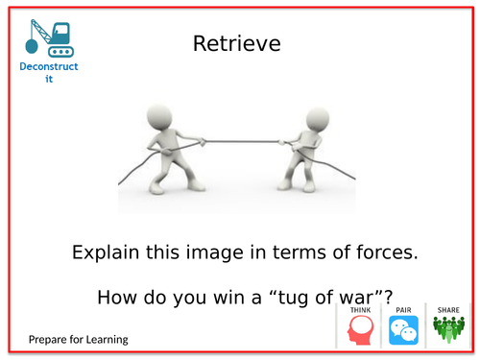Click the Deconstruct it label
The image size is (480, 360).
click(x=49, y=72)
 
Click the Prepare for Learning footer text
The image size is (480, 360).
click(x=78, y=340)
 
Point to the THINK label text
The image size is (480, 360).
click(x=359, y=310)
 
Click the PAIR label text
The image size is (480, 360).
click(x=403, y=310)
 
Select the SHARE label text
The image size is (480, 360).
click(x=448, y=310)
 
